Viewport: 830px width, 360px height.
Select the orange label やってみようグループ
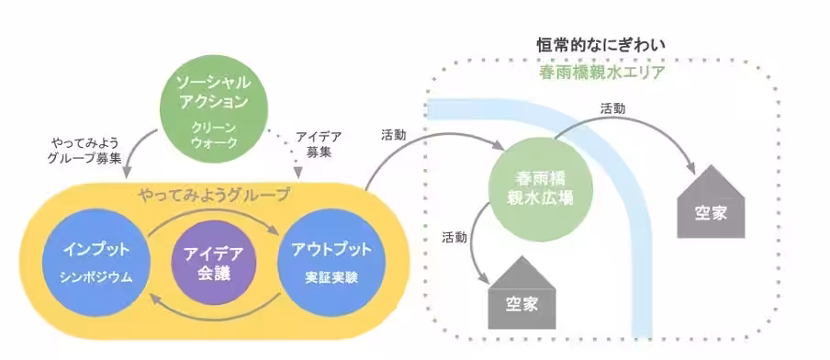coord(213,195)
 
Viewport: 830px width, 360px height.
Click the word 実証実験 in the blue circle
coord(325,276)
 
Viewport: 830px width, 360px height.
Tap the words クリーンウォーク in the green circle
coord(213,136)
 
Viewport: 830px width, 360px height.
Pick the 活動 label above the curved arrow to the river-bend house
coord(613,107)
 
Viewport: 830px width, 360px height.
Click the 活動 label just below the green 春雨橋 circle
coord(454,237)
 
